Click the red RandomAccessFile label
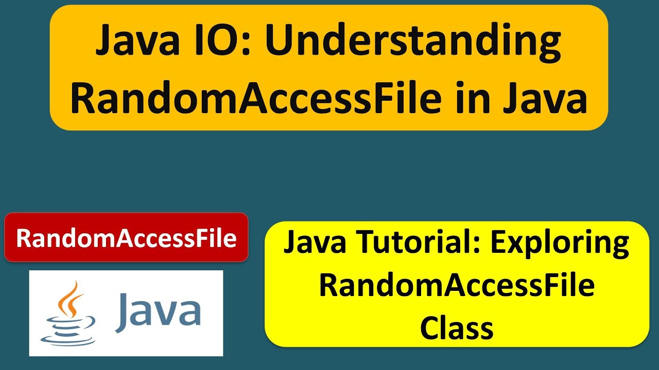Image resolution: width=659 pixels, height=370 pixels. [126, 238]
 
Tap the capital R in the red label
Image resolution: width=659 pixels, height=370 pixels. [24, 238]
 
